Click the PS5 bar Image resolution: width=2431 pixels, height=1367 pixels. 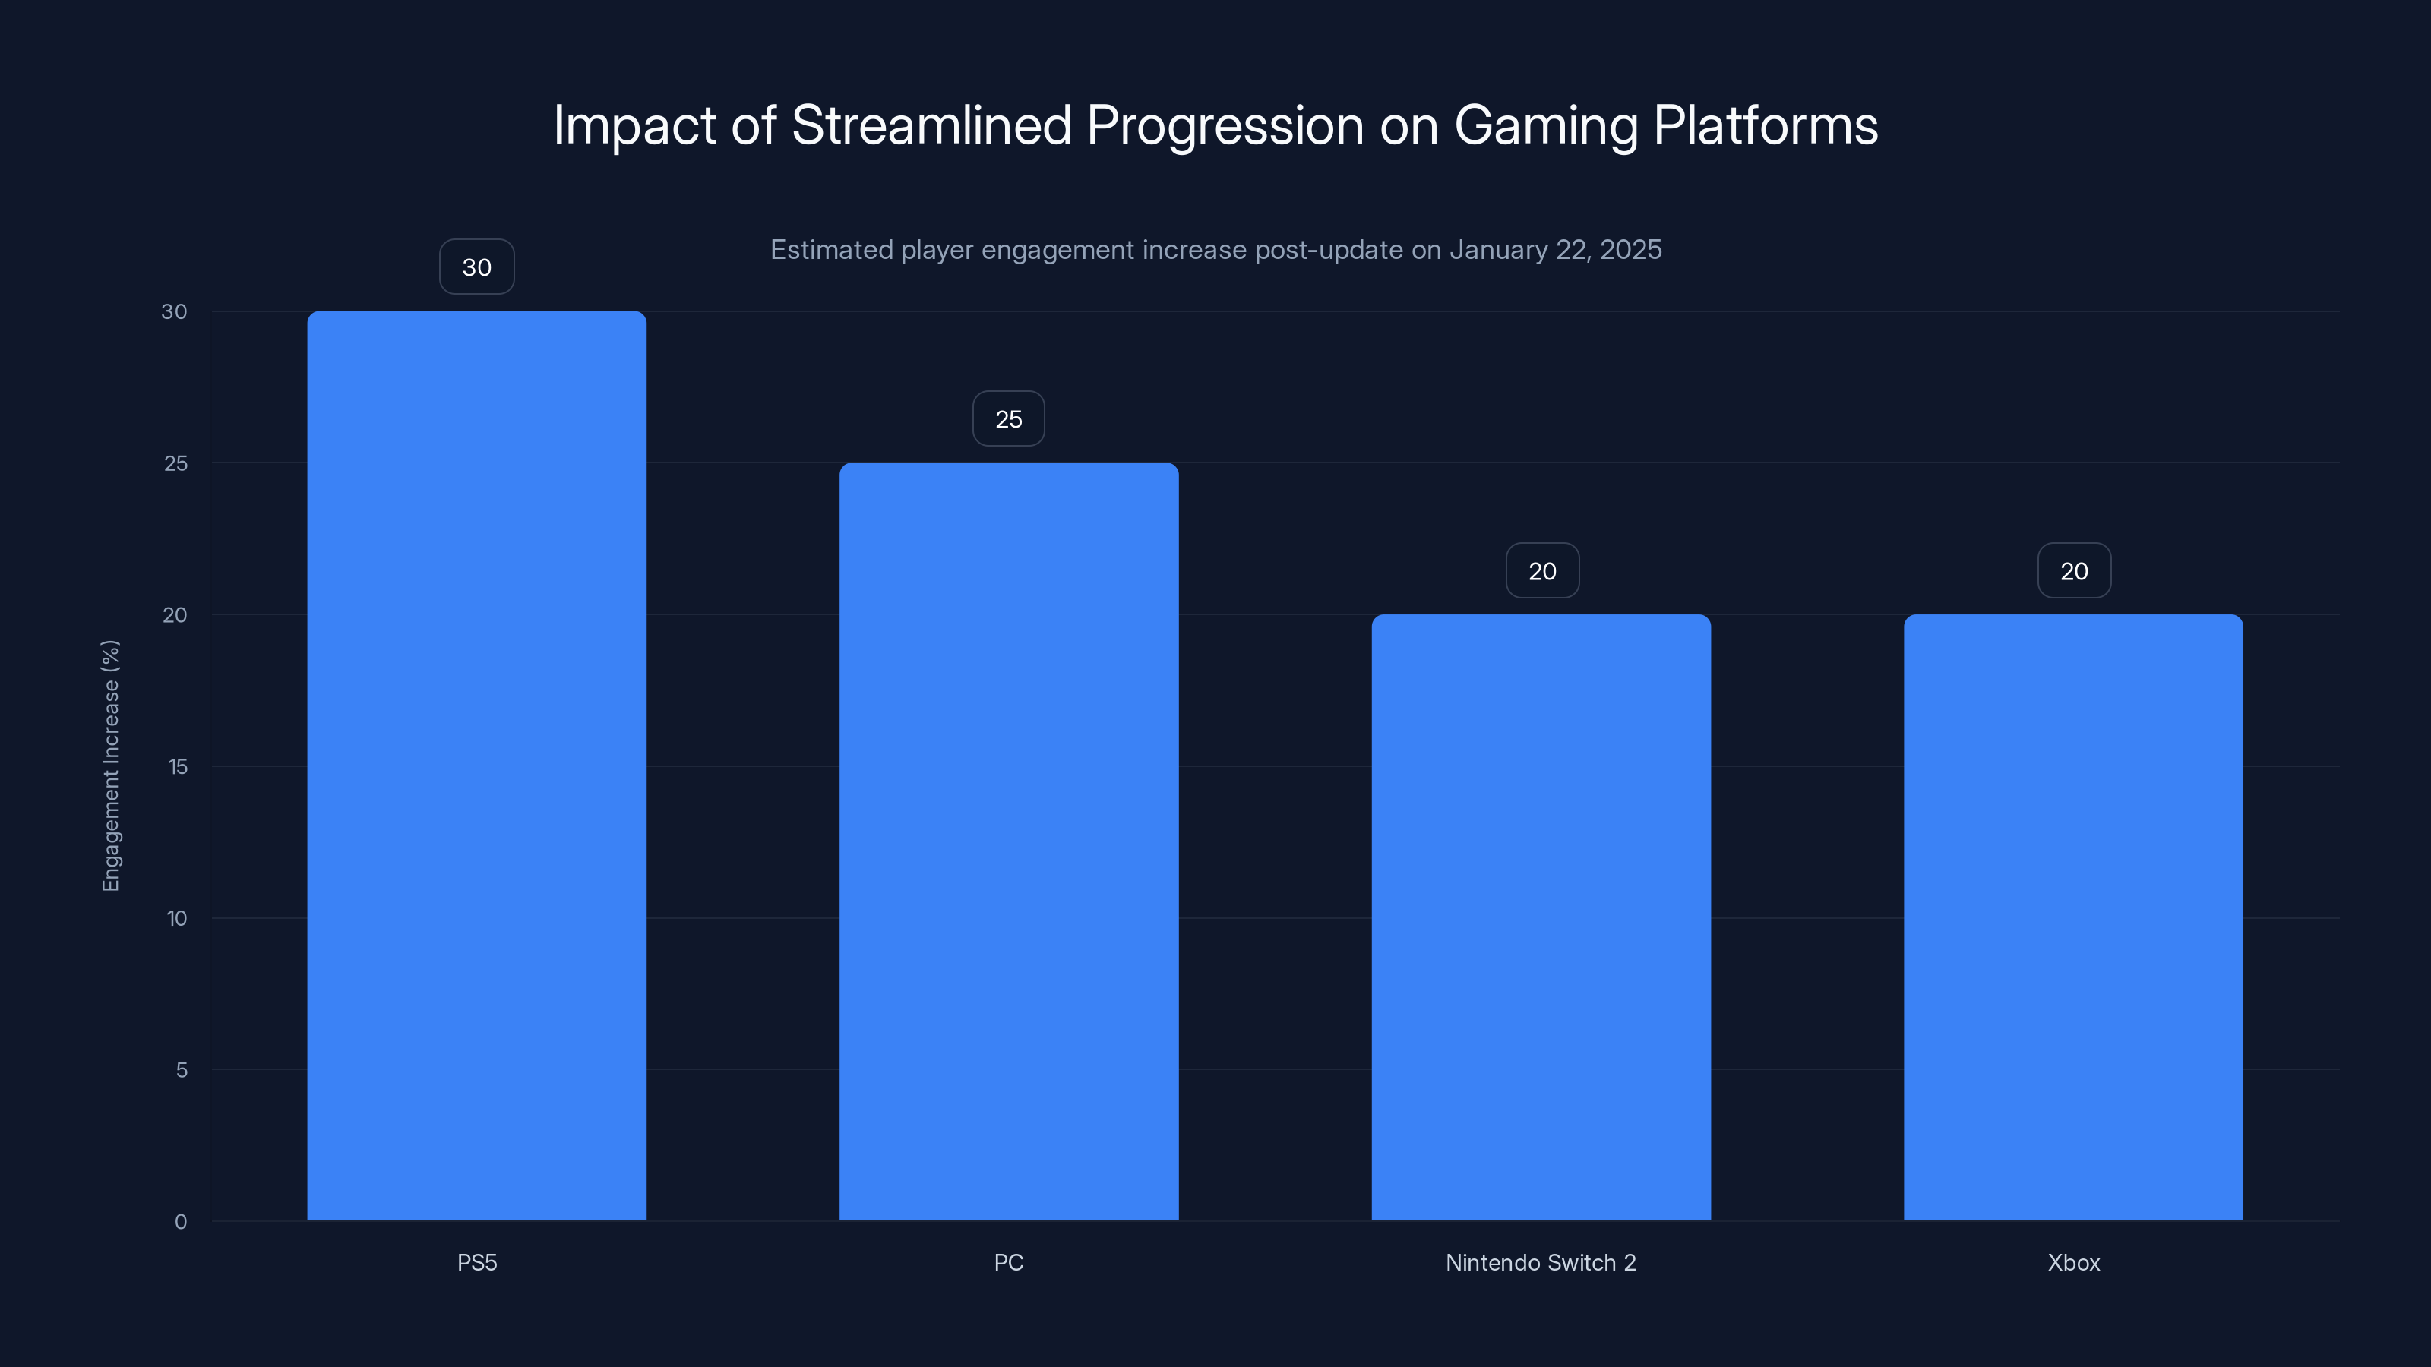coord(476,765)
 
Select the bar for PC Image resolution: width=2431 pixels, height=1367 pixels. coord(1009,841)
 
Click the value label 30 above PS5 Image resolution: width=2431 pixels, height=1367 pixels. coord(476,267)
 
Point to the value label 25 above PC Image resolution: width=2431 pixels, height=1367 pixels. coord(1009,419)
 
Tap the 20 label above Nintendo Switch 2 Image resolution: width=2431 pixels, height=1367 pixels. coord(1542,571)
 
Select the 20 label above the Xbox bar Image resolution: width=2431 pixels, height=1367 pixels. coord(2074,571)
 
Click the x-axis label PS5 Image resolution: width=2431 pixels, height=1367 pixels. coord(476,1262)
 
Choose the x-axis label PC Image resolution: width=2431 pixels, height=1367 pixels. coord(1009,1262)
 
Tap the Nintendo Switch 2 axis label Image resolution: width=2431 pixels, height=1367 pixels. coord(1541,1262)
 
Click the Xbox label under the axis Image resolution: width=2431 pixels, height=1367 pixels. coord(2073,1262)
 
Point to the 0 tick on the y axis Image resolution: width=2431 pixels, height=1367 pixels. coord(180,1222)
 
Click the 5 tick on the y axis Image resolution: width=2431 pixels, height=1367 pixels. coord(182,1070)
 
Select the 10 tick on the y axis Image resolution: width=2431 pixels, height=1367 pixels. coord(176,918)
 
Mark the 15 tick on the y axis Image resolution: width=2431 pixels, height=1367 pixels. coord(178,766)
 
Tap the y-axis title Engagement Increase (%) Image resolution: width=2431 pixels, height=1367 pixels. coord(110,765)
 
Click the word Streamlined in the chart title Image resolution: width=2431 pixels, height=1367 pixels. coord(931,125)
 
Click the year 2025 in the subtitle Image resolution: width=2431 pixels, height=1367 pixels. coord(1631,250)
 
